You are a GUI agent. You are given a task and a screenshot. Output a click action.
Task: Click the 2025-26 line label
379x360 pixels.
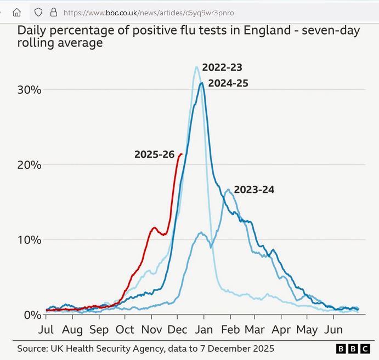[154, 155]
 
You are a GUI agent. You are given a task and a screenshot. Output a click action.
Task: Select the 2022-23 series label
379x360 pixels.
[222, 67]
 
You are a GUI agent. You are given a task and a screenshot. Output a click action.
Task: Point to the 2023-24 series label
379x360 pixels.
[254, 190]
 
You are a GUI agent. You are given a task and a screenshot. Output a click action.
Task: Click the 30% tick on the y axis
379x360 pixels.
[27, 90]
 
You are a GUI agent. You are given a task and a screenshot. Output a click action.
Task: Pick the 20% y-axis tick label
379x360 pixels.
[27, 165]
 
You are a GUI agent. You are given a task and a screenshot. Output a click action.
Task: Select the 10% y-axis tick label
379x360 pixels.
[27, 240]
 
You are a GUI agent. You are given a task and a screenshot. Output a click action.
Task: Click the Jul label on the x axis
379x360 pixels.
[46, 330]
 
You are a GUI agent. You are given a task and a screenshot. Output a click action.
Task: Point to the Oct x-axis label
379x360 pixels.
[125, 330]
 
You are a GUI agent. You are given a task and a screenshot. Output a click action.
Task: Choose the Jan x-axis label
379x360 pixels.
[204, 330]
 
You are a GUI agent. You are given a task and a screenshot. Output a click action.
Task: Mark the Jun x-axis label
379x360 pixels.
[333, 330]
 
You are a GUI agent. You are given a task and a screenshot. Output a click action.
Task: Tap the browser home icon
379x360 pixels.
[17, 12]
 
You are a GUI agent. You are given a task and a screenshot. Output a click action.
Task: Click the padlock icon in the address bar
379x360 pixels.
[53, 12]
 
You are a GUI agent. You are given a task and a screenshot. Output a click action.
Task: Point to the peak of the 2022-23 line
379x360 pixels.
[196, 67]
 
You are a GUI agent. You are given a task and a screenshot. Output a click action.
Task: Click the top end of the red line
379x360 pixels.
[181, 154]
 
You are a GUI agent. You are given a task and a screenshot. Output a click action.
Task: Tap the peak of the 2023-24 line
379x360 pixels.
[228, 190]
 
